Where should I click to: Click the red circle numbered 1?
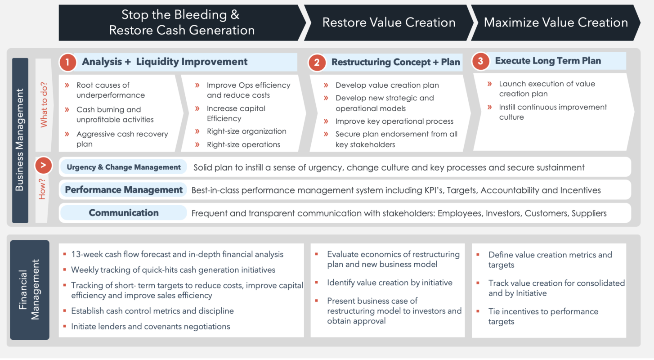(67, 63)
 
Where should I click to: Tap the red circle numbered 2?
(317, 63)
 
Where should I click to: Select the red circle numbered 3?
(480, 62)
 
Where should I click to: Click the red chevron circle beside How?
(44, 166)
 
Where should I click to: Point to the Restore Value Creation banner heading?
(389, 22)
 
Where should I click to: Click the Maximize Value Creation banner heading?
(555, 22)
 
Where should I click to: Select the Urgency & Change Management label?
(124, 167)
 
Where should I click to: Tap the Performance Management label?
(124, 190)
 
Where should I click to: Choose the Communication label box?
(124, 213)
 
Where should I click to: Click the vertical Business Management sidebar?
(20, 140)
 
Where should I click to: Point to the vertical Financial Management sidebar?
(30, 289)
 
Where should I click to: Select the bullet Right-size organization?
(246, 131)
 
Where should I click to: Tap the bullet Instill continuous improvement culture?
(553, 112)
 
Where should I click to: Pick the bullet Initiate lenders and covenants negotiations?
(150, 326)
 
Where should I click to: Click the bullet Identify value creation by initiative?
(390, 283)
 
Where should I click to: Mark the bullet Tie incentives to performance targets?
(543, 316)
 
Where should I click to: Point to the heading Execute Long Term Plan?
(548, 61)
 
